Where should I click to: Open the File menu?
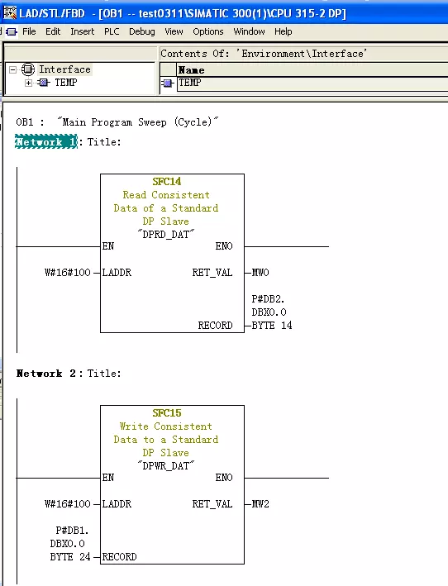[x=29, y=31]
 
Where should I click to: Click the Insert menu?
[x=82, y=31]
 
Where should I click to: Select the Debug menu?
[x=142, y=32]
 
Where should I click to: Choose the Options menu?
[x=208, y=32]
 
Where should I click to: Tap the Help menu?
[x=284, y=32]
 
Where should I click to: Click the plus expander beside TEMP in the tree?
[x=28, y=83]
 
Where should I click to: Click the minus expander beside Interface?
[x=12, y=70]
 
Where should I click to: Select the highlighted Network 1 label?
[x=46, y=142]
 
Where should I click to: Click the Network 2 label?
[x=46, y=374]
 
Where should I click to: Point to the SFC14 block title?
[x=167, y=182]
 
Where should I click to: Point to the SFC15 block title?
[x=167, y=413]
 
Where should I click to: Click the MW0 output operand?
[x=260, y=273]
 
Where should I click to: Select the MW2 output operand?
[x=260, y=504]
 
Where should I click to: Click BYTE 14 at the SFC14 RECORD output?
[x=272, y=325]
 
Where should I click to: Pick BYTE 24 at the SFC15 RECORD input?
[x=70, y=557]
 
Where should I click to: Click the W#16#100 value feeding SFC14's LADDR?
[x=67, y=273]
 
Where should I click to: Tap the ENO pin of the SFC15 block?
[x=224, y=478]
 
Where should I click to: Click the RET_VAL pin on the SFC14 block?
[x=212, y=273]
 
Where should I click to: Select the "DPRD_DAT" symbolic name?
[x=166, y=235]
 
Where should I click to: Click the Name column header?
[x=191, y=70]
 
